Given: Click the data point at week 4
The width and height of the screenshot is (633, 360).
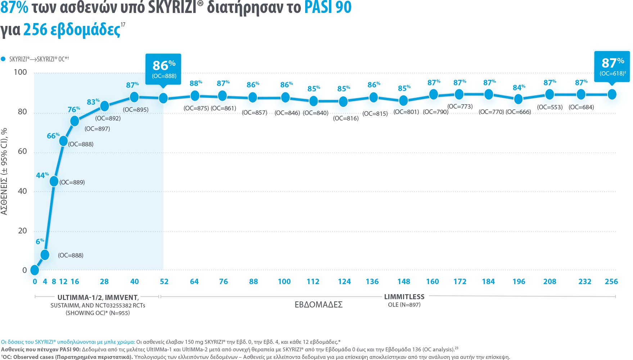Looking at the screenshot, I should click(45, 255).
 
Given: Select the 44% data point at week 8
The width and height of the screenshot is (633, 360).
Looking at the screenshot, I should click(54, 181).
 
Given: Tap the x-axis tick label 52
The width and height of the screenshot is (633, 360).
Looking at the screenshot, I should click(164, 282).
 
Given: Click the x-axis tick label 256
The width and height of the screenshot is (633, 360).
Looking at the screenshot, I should click(611, 282).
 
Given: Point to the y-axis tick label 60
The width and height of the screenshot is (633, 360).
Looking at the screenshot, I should click(22, 151).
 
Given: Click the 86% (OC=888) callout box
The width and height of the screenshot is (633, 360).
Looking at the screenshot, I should click(163, 69).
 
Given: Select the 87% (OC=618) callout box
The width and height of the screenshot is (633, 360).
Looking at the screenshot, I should click(612, 67).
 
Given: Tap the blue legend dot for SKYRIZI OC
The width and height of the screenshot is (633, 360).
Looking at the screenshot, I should click(3, 59).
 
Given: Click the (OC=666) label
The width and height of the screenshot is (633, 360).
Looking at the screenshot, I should click(518, 112).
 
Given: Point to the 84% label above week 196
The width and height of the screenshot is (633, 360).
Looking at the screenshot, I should click(519, 88).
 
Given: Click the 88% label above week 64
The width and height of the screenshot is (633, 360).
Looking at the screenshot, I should click(195, 83).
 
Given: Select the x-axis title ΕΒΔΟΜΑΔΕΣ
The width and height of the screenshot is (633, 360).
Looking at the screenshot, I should click(318, 305).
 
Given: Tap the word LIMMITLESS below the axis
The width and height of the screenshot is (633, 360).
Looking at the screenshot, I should click(404, 297).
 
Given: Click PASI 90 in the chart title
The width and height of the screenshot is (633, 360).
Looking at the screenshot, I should click(328, 7).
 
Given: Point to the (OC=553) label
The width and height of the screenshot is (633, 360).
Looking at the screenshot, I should click(550, 107).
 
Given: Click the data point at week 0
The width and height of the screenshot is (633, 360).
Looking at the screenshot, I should click(35, 270).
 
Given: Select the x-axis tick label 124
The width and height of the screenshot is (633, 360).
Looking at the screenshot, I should click(344, 282).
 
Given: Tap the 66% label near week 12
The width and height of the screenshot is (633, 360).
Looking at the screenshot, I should click(53, 136).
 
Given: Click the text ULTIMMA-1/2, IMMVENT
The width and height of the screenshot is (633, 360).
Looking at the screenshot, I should click(98, 298).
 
